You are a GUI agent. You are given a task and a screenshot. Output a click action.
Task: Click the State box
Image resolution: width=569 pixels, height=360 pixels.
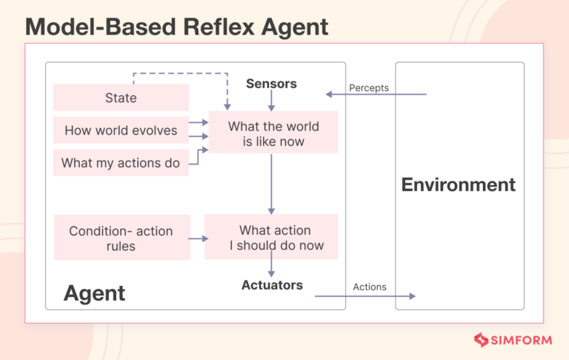pos(121,98)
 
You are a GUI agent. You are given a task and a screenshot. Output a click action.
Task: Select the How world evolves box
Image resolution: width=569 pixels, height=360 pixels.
pos(121,130)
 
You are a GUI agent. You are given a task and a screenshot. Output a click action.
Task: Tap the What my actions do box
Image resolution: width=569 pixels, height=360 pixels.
pos(121,163)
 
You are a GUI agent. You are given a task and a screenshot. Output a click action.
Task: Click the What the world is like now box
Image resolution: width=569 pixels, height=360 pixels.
pos(273,133)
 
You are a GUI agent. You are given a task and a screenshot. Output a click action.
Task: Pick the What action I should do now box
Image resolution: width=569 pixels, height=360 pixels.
pos(271,238)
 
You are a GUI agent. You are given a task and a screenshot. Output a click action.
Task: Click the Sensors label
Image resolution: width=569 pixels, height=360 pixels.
pos(271,84)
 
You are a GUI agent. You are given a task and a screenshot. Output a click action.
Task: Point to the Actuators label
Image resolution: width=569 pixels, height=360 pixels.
pos(272,284)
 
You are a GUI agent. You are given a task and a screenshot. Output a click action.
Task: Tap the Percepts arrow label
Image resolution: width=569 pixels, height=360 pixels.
pos(369,88)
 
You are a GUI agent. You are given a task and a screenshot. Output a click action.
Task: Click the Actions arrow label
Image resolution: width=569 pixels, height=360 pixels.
pos(369,287)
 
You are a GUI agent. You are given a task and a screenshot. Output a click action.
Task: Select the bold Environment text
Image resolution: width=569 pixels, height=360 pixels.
pos(458,184)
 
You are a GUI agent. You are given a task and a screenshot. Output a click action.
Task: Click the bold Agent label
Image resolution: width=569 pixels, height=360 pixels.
pos(94,293)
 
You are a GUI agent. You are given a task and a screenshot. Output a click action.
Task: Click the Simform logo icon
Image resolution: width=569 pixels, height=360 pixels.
pos(482,340)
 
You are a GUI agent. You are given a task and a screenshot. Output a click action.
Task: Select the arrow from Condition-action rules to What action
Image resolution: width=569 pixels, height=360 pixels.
pos(197,239)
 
